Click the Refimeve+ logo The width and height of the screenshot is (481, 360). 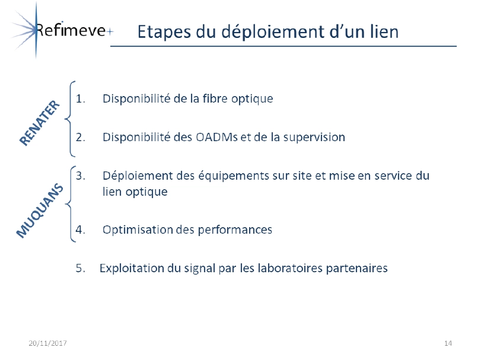pyautogui.click(x=61, y=30)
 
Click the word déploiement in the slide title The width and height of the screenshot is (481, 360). pyautogui.click(x=273, y=32)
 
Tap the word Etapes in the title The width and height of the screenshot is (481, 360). pyautogui.click(x=164, y=32)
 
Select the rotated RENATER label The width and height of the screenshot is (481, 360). pyautogui.click(x=40, y=123)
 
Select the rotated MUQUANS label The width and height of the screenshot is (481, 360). pyautogui.click(x=40, y=211)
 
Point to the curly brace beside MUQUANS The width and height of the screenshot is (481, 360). pyautogui.click(x=69, y=204)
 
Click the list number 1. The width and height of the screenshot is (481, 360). pyautogui.click(x=81, y=98)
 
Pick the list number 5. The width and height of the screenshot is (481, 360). pyautogui.click(x=81, y=268)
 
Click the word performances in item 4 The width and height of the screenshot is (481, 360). pyautogui.click(x=235, y=230)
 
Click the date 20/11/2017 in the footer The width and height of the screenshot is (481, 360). pyautogui.click(x=47, y=343)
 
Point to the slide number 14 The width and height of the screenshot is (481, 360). pyautogui.click(x=448, y=343)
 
